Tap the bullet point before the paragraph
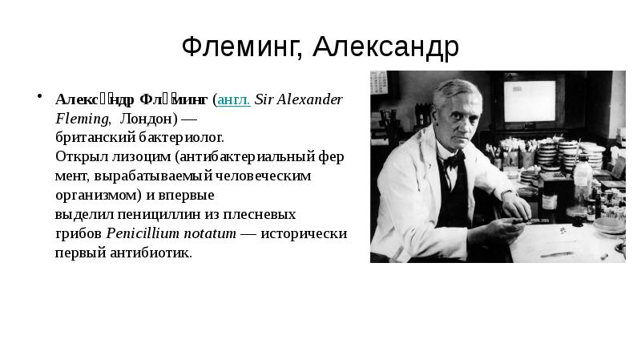[37, 98]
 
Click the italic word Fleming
[83, 119]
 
